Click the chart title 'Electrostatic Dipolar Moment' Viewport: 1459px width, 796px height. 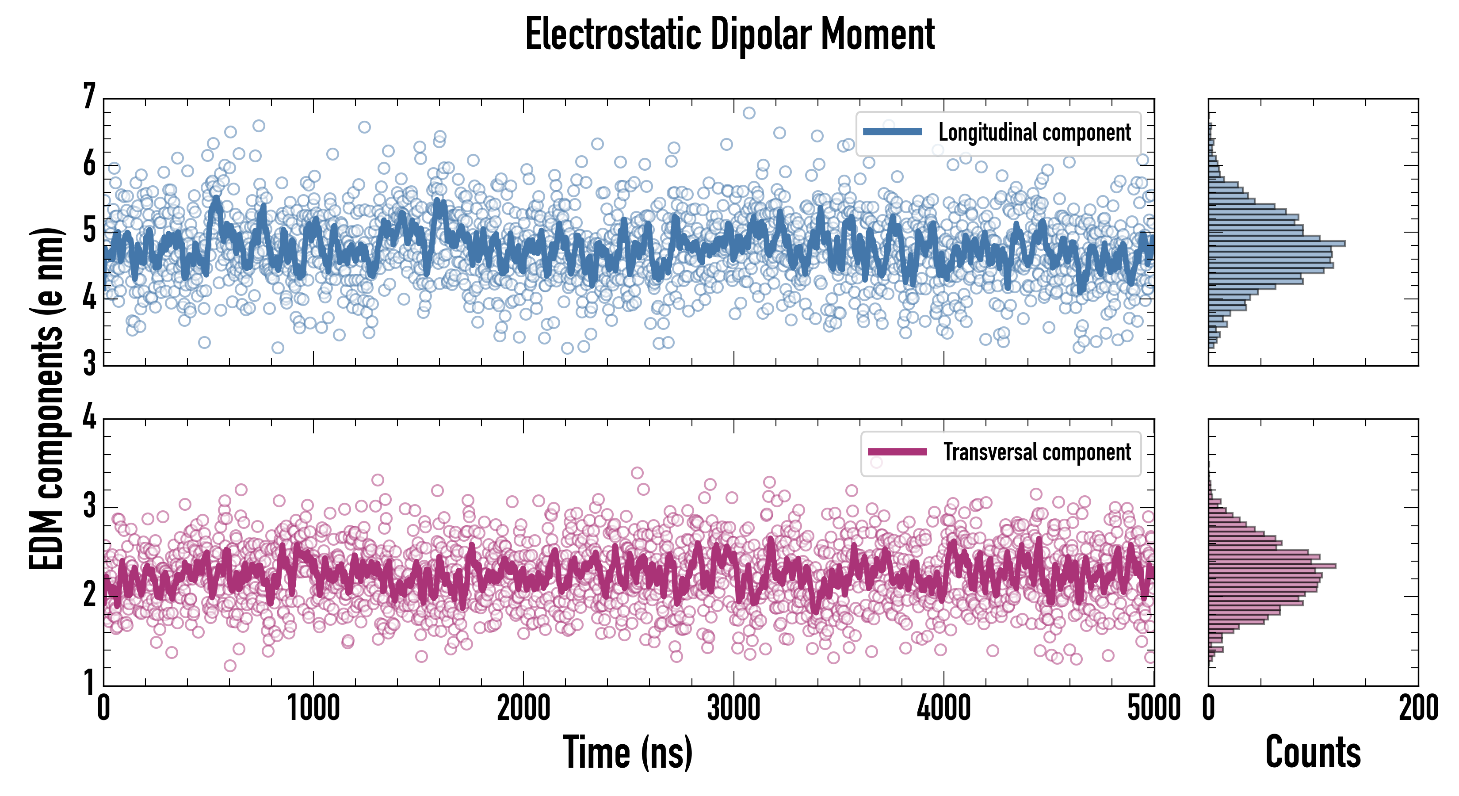point(729,35)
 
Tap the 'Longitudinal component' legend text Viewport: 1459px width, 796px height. point(1034,133)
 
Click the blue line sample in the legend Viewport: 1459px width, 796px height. point(893,132)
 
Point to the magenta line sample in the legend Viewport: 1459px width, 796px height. point(897,452)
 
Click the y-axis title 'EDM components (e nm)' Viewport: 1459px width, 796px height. point(46,399)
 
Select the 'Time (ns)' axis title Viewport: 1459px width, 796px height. point(627,752)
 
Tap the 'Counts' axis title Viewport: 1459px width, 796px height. point(1313,752)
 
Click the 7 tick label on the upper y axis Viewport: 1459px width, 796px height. point(89,97)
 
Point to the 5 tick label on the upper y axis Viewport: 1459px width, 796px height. point(89,231)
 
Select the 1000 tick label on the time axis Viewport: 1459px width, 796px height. point(313,708)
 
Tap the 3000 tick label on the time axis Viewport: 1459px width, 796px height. point(733,708)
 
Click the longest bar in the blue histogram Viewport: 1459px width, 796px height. point(1277,244)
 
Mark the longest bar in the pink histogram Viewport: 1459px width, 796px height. point(1272,566)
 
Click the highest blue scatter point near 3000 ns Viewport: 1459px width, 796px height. point(749,113)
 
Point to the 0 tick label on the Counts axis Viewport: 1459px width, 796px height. point(1209,708)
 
